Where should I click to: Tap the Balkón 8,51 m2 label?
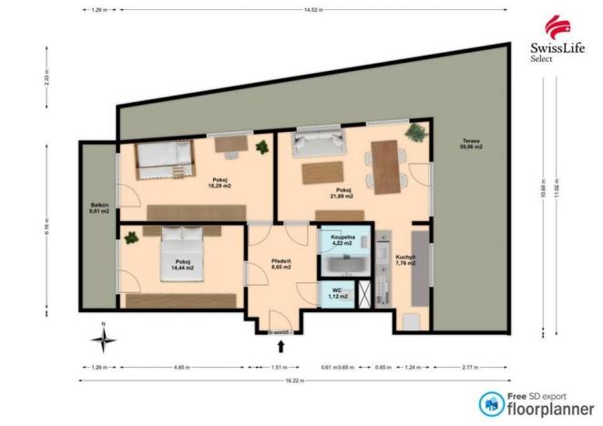coord(99,208)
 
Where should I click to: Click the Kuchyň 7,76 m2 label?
coord(405,259)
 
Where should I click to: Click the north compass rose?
coord(104,340)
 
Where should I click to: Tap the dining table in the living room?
coord(387,167)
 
